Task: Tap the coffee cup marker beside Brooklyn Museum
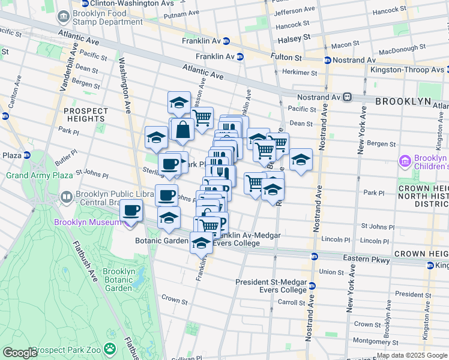tap(131, 212)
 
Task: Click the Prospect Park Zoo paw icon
tap(109, 348)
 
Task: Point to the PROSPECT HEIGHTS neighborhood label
tap(86, 115)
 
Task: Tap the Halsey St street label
tap(294, 37)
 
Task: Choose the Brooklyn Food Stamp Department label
tap(108, 18)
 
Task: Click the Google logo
tap(19, 353)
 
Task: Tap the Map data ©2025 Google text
tap(412, 355)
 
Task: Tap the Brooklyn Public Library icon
tap(67, 196)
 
